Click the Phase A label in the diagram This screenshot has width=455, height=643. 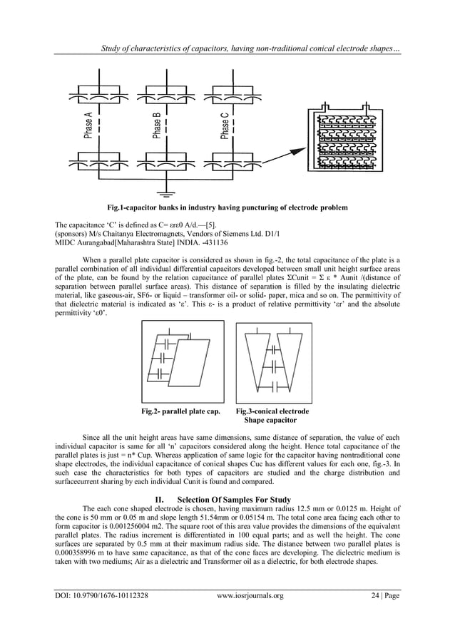tap(88, 127)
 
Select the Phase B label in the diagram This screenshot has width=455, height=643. tap(156, 127)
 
